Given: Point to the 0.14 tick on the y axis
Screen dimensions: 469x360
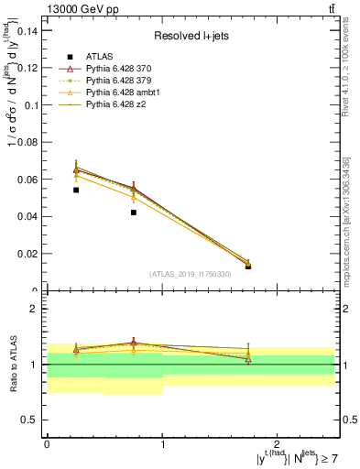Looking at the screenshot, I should click(28, 31).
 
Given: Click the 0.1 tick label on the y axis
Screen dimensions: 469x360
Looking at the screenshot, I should click(32, 105).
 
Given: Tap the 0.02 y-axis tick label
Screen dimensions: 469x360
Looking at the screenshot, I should click(28, 254).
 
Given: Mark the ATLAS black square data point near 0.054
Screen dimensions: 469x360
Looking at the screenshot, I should click(75, 191).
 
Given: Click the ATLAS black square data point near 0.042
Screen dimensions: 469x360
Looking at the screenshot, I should click(133, 213).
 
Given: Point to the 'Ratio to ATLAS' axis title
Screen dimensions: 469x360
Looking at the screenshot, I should click(15, 365).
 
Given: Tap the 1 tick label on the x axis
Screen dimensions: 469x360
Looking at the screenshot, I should click(162, 443).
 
